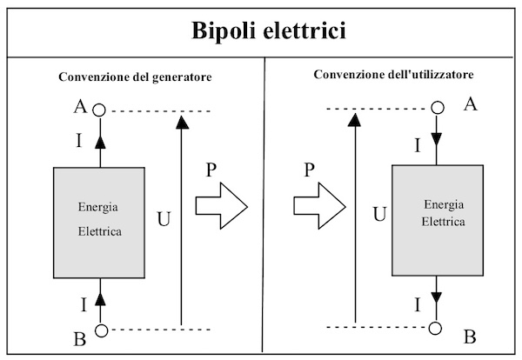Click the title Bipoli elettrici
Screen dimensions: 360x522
[260, 32]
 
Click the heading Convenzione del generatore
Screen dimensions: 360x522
[136, 77]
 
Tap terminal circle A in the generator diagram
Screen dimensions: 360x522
[100, 110]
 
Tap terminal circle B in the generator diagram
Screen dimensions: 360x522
[100, 330]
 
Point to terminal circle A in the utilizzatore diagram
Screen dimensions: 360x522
[438, 108]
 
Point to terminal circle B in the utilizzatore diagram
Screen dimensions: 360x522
[438, 328]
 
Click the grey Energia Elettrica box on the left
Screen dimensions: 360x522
[99, 223]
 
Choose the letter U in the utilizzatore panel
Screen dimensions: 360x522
[378, 213]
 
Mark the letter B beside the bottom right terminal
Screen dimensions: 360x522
[468, 333]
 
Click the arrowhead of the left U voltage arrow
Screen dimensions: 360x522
[182, 123]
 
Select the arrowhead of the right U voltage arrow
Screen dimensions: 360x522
[356, 119]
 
